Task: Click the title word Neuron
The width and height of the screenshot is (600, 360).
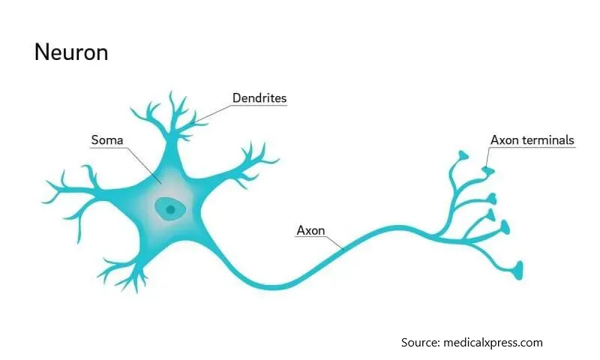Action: coord(71,52)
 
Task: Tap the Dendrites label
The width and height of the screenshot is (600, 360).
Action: coord(259,98)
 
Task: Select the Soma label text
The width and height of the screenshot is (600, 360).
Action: coord(107,140)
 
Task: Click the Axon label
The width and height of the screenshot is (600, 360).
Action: coord(310,230)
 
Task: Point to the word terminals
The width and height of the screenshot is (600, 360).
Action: coord(548,140)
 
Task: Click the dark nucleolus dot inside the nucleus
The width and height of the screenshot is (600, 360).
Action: coord(171,209)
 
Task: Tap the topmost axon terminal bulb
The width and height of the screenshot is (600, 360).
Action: coord(463,155)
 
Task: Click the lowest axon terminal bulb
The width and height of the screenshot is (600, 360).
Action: coord(518,270)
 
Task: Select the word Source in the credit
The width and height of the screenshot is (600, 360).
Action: coord(420,343)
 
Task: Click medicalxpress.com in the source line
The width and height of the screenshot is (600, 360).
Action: coord(493,343)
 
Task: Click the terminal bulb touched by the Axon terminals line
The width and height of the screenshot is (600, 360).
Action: coord(488,171)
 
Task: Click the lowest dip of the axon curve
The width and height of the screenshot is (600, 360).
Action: coord(272,286)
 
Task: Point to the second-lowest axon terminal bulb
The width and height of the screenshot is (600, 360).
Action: coord(505,227)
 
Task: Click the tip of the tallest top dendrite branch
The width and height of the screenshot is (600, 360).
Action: coord(171,91)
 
